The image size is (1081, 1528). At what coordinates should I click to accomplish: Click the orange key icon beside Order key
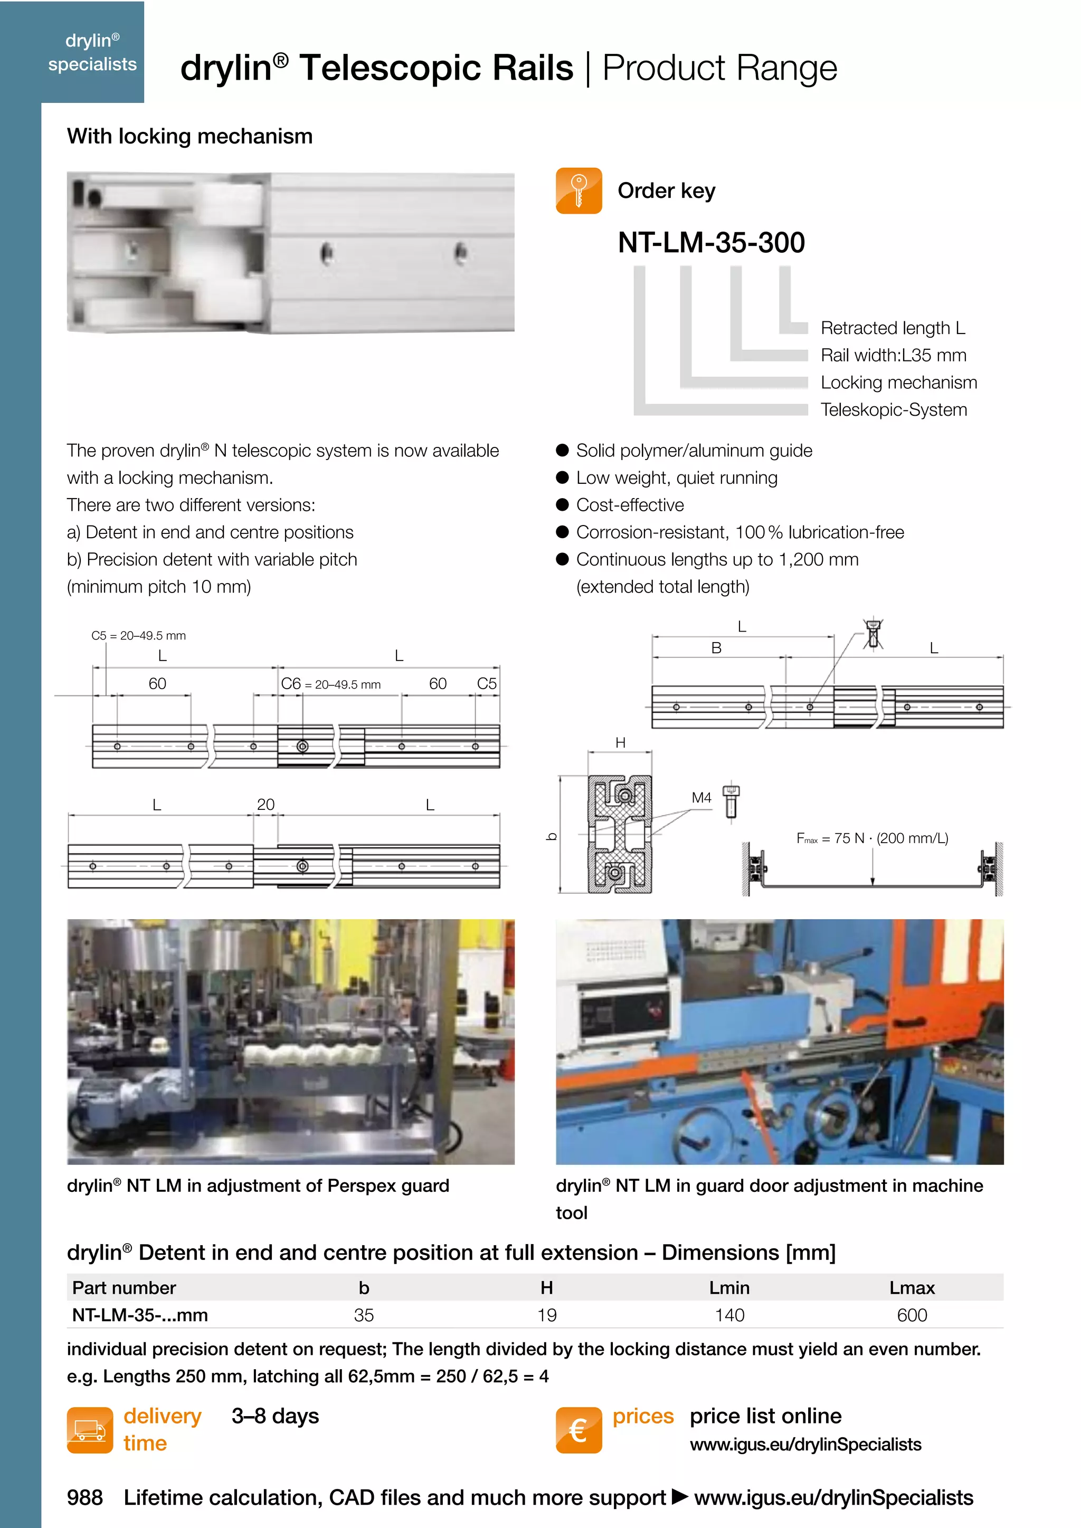pos(579,191)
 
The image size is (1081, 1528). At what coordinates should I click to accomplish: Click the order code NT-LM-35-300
pos(711,243)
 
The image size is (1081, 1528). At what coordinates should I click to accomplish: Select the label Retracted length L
pos(892,328)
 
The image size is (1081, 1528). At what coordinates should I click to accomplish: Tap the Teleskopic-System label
pos(893,410)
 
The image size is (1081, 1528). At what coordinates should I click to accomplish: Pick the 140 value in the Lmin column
pos(729,1315)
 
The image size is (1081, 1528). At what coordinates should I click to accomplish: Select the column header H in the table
pos(546,1288)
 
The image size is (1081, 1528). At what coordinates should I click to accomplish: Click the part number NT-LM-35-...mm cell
pos(140,1315)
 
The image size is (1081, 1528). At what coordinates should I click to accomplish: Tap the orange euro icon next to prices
pos(579,1430)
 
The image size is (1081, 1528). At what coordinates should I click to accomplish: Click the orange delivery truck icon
pos(90,1430)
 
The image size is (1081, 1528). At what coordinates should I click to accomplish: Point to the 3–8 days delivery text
pos(275,1416)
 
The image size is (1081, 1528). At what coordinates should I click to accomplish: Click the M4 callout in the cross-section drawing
pos(701,797)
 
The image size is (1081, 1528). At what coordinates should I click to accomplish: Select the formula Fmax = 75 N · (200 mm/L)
pos(872,838)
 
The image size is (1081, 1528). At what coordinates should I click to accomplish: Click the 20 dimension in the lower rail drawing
pos(265,805)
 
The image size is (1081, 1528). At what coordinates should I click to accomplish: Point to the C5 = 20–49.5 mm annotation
pos(138,636)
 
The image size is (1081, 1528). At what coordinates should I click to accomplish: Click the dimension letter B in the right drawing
pos(716,647)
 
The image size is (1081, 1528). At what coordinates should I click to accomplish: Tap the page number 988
pos(84,1497)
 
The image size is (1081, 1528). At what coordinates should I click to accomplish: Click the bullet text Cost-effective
pos(630,505)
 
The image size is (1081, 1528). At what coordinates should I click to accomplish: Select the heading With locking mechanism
pos(189,137)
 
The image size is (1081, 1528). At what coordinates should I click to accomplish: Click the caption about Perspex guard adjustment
pos(258,1186)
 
